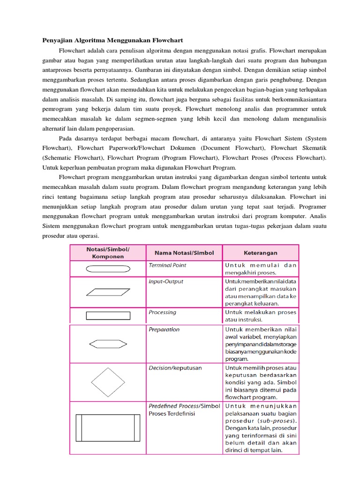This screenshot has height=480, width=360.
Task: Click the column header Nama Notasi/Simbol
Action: click(184, 253)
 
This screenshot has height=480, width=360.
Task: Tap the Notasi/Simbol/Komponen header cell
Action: click(108, 253)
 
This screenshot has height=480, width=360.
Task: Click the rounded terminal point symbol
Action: click(108, 270)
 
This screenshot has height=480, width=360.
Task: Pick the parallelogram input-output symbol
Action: click(108, 292)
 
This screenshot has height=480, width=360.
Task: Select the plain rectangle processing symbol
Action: click(108, 315)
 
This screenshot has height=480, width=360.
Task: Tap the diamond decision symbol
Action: click(108, 382)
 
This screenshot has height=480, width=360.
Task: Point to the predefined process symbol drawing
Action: click(108, 428)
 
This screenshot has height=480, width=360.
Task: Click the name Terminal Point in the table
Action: click(167, 265)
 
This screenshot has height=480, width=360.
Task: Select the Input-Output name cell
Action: click(166, 282)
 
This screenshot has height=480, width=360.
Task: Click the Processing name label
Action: click(163, 312)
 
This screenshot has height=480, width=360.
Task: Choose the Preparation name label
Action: click(164, 330)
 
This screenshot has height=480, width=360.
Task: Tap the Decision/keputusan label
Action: click(175, 368)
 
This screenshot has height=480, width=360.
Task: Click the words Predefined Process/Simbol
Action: click(184, 406)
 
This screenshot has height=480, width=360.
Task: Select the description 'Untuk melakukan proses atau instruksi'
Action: click(260, 315)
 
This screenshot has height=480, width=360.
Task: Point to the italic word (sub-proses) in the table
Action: click(278, 420)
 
